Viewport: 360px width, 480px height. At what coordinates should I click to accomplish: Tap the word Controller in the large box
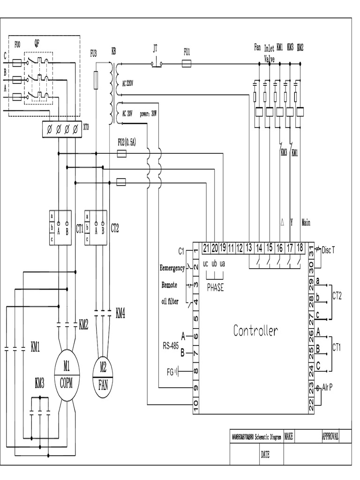255,331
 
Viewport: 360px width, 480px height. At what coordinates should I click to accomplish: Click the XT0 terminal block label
86,127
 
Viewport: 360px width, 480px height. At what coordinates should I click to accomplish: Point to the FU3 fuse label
93,54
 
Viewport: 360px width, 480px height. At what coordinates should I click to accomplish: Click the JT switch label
156,48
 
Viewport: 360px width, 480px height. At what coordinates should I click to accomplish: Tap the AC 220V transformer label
127,84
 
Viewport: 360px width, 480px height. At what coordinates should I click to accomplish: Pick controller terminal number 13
249,248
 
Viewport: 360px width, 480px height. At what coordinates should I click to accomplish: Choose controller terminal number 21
206,248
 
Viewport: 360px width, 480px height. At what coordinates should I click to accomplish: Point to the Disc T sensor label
328,251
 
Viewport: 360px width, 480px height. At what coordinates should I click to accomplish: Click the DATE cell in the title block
265,454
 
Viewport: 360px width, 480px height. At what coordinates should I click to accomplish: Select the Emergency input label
172,268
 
